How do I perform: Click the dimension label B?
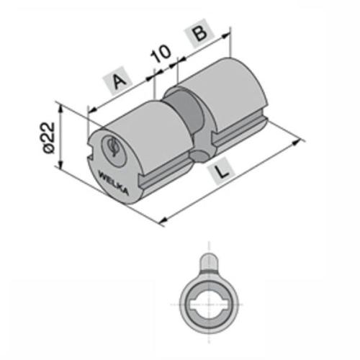199,33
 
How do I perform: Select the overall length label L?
222,171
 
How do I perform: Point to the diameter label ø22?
49,138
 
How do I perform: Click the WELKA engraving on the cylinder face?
114,183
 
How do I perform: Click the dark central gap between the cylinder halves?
186,111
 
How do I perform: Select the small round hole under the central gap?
199,157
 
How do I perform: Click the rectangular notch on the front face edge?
89,152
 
